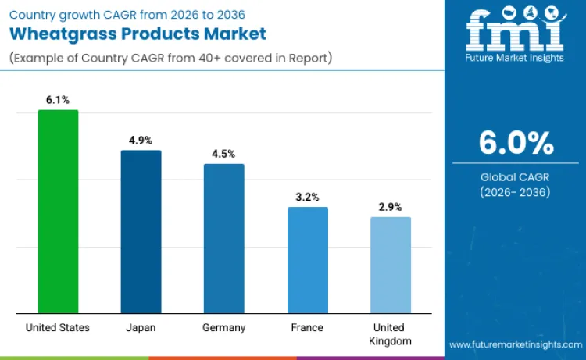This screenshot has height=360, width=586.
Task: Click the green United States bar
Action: [58, 212]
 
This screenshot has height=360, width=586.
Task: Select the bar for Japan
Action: [141, 232]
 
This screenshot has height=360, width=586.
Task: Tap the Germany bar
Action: [224, 239]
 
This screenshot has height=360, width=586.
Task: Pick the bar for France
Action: [308, 260]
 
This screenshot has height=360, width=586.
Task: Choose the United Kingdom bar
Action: [391, 266]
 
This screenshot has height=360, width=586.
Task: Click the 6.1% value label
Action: [58, 100]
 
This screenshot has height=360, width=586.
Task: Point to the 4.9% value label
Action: [141, 141]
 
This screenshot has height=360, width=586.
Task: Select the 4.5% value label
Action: [224, 154]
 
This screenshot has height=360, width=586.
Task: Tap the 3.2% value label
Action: [308, 197]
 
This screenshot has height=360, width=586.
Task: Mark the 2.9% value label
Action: [391, 207]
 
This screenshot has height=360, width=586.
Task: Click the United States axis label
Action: [58, 327]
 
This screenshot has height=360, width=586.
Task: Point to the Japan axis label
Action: [141, 327]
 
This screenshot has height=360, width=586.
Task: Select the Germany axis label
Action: [224, 327]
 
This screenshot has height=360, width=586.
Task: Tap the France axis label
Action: [308, 327]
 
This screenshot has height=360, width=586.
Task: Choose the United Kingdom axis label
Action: [391, 334]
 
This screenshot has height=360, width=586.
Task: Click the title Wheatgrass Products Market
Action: [138, 34]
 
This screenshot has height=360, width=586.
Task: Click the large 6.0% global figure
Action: [516, 143]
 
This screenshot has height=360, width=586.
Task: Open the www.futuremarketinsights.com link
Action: [516, 344]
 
